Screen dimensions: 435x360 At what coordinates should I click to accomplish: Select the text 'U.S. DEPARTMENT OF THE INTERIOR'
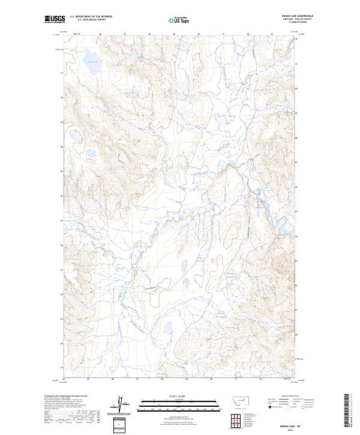pyautogui.click(x=90, y=17)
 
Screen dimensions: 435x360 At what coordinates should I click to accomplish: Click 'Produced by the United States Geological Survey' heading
pyautogui.click(x=67, y=396)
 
